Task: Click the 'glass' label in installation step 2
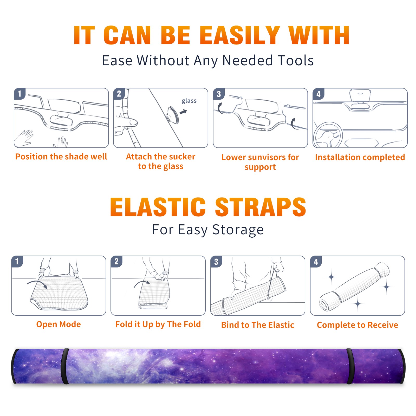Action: (189, 101)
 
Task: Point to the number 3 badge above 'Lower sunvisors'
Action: (219, 94)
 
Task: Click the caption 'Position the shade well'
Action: (61, 157)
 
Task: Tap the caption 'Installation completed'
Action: (360, 157)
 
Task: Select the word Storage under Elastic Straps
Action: (238, 230)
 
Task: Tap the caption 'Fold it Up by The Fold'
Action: (158, 324)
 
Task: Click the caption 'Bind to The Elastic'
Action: (258, 325)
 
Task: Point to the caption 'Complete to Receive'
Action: (357, 325)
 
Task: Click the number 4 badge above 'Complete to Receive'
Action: (316, 262)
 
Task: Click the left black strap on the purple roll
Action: (64, 366)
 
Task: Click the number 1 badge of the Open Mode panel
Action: (17, 262)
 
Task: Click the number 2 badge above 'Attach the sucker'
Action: (119, 94)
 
